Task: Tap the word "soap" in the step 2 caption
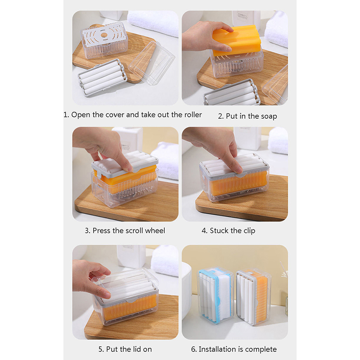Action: pyautogui.click(x=269, y=116)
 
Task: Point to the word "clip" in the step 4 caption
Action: pyautogui.click(x=249, y=231)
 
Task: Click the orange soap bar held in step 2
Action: pyautogui.click(x=237, y=40)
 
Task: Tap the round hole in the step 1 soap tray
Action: pyautogui.click(x=104, y=35)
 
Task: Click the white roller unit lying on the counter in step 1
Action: pyautogui.click(x=103, y=77)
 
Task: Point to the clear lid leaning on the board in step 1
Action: pyautogui.click(x=152, y=63)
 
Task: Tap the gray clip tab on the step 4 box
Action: pyautogui.click(x=240, y=175)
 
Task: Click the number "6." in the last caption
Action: pyautogui.click(x=194, y=350)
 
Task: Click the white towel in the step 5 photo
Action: pyautogui.click(x=165, y=261)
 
